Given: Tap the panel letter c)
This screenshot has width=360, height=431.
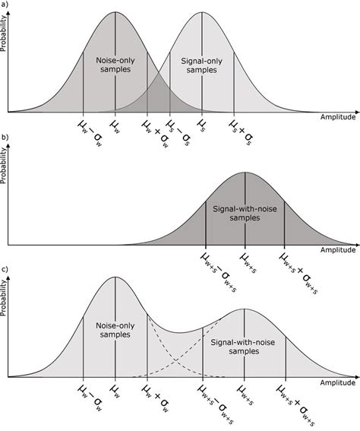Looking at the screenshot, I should (x=5, y=268).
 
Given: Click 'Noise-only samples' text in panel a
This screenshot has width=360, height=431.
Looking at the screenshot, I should (x=115, y=64).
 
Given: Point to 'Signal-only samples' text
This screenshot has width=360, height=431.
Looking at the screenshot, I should (x=201, y=64).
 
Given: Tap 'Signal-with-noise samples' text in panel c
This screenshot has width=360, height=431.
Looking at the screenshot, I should (x=245, y=348).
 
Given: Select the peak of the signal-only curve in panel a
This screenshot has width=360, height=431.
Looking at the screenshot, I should (x=201, y=12).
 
